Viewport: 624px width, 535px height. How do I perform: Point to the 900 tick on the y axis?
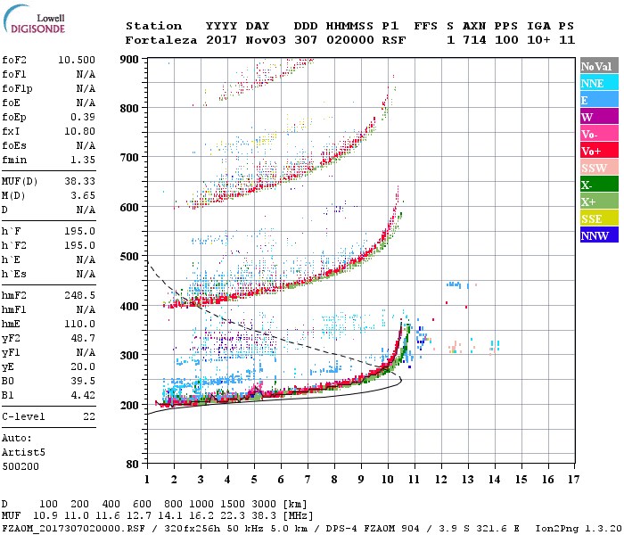(130, 59)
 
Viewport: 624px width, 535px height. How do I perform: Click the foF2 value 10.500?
(77, 60)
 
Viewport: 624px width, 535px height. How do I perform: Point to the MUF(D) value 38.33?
(79, 181)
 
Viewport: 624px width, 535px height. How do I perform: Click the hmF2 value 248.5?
(79, 293)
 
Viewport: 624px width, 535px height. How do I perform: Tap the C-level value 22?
(88, 416)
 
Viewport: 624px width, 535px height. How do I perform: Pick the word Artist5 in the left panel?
(21, 451)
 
